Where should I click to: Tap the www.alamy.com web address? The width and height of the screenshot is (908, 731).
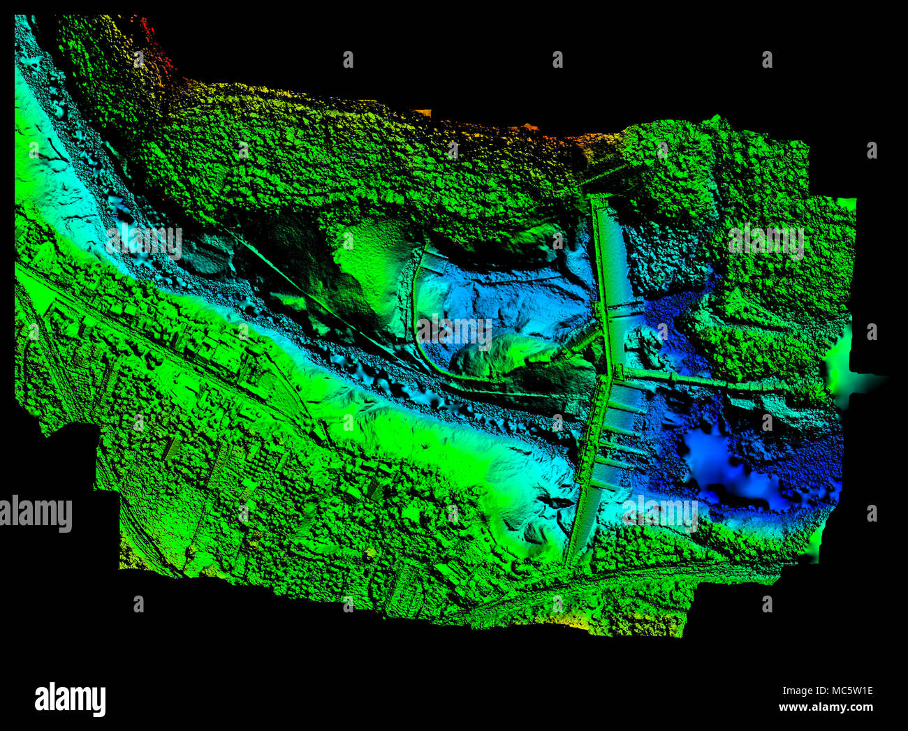click(826, 707)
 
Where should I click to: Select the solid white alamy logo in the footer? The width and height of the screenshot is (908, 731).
click(70, 699)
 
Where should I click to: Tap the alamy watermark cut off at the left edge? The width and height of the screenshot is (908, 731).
click(35, 515)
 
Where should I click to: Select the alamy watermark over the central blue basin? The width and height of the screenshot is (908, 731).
click(454, 331)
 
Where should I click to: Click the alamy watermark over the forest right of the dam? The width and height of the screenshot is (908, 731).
click(766, 242)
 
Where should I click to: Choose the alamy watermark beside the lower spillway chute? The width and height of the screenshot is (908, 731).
click(659, 513)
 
